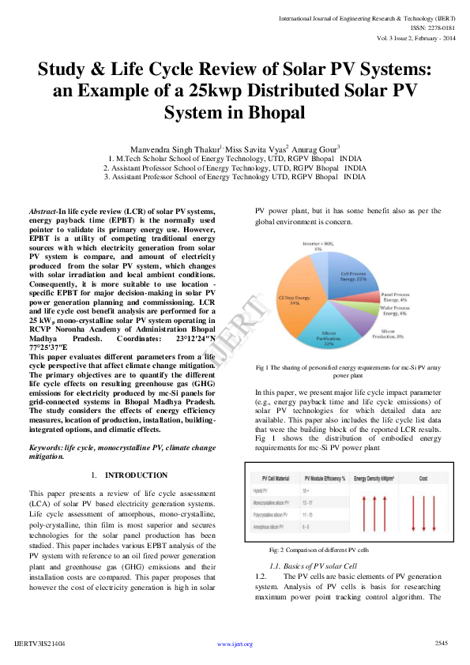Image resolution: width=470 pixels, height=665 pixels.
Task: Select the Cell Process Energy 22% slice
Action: [353, 276]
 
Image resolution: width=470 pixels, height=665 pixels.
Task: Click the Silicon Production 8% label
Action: [393, 332]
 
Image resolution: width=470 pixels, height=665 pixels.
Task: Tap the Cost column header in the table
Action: [423, 479]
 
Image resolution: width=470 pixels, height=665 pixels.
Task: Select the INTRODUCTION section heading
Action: [137, 475]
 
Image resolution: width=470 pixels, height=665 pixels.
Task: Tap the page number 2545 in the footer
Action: [441, 644]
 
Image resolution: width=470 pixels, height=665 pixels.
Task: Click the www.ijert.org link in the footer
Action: [235, 644]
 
